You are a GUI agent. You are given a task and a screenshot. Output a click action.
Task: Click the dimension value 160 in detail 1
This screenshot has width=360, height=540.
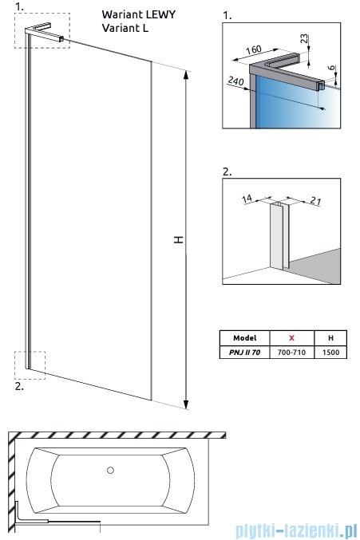254,50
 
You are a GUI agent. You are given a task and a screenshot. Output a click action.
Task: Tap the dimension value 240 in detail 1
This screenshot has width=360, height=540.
235,81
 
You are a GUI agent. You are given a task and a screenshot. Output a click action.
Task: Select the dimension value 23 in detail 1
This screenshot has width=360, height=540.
304,38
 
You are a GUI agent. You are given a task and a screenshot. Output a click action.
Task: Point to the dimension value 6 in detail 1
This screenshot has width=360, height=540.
331,68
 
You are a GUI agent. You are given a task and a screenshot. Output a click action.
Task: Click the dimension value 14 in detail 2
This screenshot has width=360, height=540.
247,199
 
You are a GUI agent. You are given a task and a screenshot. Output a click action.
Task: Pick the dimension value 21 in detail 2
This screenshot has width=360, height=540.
316,200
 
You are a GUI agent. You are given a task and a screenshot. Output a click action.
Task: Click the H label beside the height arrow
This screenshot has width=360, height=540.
179,240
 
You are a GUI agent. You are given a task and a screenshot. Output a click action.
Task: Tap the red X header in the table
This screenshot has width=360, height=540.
291,338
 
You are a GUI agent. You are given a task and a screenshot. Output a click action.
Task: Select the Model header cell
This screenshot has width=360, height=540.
244,338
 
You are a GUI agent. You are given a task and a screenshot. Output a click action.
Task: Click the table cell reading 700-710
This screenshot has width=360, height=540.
291,353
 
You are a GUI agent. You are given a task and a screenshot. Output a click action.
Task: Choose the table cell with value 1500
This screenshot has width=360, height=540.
330,353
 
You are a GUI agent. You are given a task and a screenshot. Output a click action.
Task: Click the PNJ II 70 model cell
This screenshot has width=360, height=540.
244,353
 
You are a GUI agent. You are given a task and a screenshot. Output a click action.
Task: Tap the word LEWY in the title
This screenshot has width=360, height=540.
161,15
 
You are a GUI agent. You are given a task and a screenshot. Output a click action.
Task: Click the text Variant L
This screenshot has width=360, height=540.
125,28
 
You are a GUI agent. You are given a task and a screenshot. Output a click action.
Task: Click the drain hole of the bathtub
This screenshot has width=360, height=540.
110,470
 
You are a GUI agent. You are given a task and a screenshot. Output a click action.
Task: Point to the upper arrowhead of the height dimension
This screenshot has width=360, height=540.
186,74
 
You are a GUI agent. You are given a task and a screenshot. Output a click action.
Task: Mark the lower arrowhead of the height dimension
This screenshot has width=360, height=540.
186,404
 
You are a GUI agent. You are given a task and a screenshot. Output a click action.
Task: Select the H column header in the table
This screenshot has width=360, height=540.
330,338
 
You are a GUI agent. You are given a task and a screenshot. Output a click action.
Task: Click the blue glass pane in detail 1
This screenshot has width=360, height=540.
290,104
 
